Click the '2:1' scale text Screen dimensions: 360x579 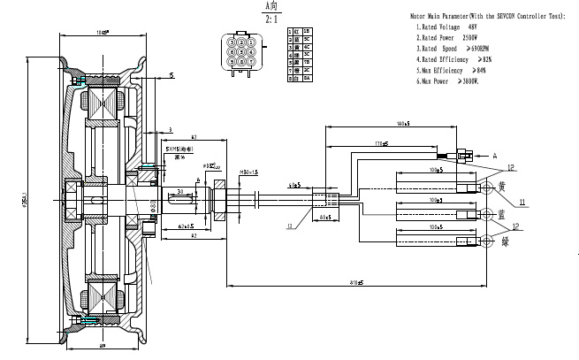tap(248, 17)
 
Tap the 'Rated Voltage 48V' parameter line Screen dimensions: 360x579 tap(450, 27)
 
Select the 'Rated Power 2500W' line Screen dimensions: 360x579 tap(450, 38)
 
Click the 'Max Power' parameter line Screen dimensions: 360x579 tap(447, 80)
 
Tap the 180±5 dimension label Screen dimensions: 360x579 tap(405, 123)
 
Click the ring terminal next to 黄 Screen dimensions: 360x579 tap(486, 188)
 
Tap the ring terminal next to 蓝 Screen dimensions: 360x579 tap(486, 213)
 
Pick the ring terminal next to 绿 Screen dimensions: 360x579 tap(486, 240)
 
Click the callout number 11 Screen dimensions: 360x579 tap(522, 203)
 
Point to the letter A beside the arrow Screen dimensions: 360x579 tap(493, 156)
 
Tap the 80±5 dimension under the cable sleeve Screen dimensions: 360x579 tap(324, 215)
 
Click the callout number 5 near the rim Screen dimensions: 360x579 tap(171, 77)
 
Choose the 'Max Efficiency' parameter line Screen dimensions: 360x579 tap(450, 70)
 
